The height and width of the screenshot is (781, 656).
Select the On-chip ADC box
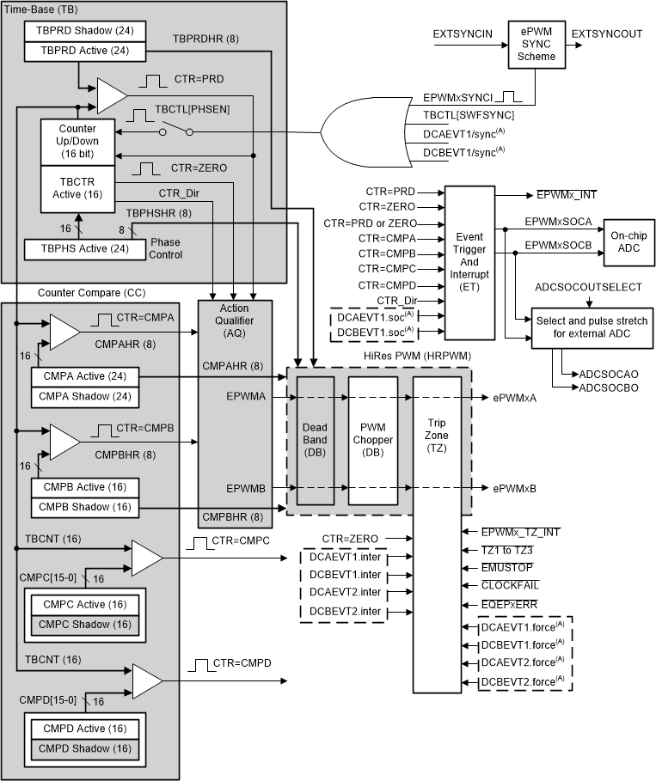tap(629, 241)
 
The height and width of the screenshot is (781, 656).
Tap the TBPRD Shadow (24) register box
tap(78, 31)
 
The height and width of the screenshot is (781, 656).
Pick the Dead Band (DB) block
tap(315, 439)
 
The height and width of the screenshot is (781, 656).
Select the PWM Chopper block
tap(372, 439)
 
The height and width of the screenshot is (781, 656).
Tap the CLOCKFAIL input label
tap(511, 585)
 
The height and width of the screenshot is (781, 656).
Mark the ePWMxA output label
tap(514, 398)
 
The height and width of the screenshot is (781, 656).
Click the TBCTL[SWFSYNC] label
tap(469, 114)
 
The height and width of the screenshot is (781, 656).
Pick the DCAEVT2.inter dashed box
tap(344, 593)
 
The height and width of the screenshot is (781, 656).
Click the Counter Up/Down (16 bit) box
tap(78, 141)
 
